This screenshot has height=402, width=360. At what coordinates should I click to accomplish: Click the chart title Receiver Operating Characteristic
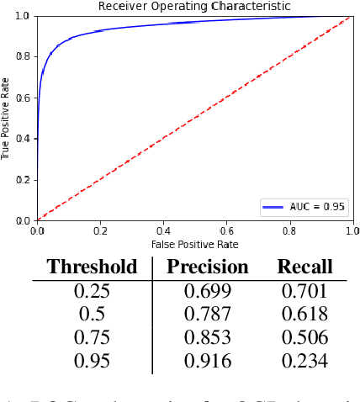click(x=194, y=7)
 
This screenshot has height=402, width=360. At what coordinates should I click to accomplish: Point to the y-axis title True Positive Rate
click(x=6, y=119)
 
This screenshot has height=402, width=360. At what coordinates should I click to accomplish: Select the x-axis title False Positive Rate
click(x=194, y=244)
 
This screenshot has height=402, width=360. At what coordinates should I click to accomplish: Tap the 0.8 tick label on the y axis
click(x=24, y=56)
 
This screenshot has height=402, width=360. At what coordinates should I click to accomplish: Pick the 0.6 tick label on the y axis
click(x=24, y=98)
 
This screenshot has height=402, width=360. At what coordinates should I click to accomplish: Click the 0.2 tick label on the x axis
click(x=100, y=230)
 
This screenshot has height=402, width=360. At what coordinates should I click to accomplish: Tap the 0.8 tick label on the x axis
click(x=289, y=230)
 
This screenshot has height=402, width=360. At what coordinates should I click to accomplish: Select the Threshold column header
click(x=92, y=267)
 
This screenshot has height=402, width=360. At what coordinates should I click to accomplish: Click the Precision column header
click(x=208, y=267)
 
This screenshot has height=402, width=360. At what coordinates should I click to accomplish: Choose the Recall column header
click(x=304, y=267)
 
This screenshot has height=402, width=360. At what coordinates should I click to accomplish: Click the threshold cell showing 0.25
click(x=92, y=291)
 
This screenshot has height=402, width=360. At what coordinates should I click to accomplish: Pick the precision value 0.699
click(x=208, y=291)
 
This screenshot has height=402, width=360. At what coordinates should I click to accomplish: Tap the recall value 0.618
click(x=304, y=315)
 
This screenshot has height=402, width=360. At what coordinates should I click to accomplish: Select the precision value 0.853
click(x=208, y=337)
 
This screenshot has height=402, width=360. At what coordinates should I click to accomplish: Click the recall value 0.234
click(x=304, y=361)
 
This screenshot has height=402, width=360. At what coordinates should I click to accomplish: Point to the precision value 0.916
click(x=208, y=361)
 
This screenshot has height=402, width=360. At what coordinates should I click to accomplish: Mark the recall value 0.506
click(x=304, y=337)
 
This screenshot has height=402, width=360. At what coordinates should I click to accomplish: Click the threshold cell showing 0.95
click(x=92, y=361)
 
